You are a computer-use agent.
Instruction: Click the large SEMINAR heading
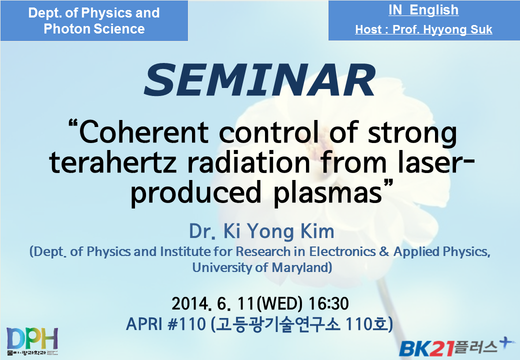click(259, 80)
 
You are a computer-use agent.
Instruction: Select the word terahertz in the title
click(112, 162)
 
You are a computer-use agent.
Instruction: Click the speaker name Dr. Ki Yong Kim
click(261, 231)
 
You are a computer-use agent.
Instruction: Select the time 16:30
click(328, 303)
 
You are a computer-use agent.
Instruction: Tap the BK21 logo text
click(426, 348)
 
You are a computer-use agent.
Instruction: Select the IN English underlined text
click(423, 10)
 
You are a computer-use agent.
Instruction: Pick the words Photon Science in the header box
click(94, 29)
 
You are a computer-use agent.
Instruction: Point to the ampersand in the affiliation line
click(384, 251)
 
